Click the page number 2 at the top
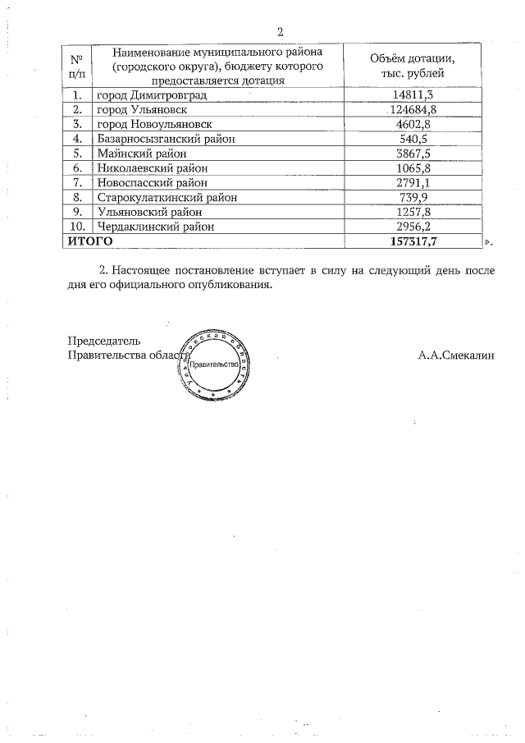click(x=280, y=33)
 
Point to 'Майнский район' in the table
click(x=142, y=154)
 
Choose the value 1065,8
click(x=412, y=167)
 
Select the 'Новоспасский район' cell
click(x=153, y=182)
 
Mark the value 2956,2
click(x=412, y=226)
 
